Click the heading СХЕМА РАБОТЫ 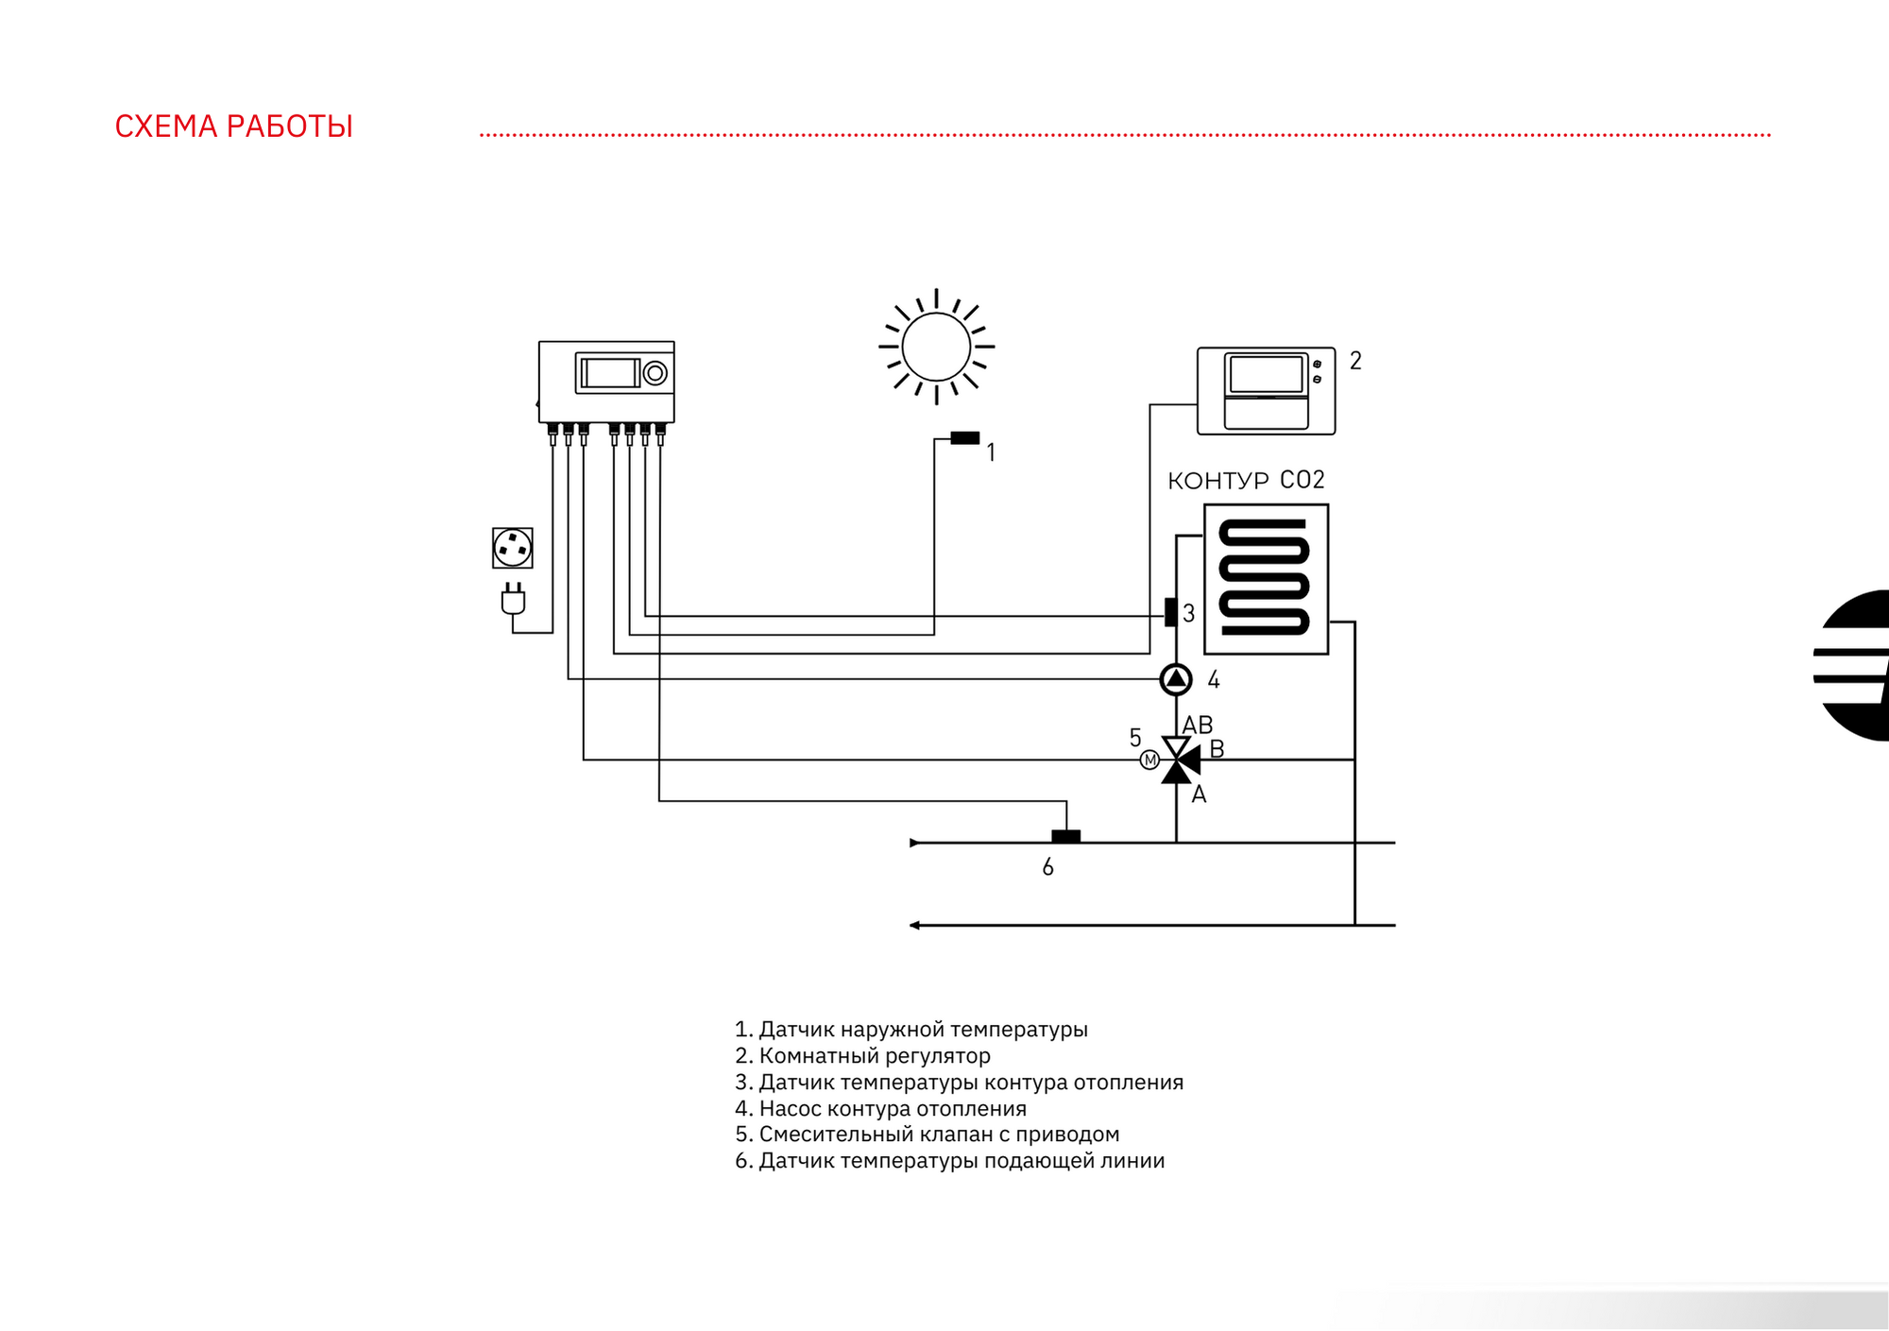point(233,127)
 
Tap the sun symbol point(936,347)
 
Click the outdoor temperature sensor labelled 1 point(964,437)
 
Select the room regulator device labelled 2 point(1266,391)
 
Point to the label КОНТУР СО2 point(1246,481)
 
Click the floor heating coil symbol point(1266,579)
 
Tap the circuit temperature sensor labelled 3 point(1170,612)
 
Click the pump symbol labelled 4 point(1175,678)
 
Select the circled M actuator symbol point(1149,759)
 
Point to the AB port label point(1198,725)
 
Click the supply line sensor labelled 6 point(1065,836)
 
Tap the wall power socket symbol point(513,548)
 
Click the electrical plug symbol point(513,599)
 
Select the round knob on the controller point(655,373)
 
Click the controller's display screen point(610,372)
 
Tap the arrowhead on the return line point(914,925)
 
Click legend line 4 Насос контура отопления point(880,1108)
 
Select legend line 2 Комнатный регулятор point(862,1055)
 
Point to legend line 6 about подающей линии point(949,1160)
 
